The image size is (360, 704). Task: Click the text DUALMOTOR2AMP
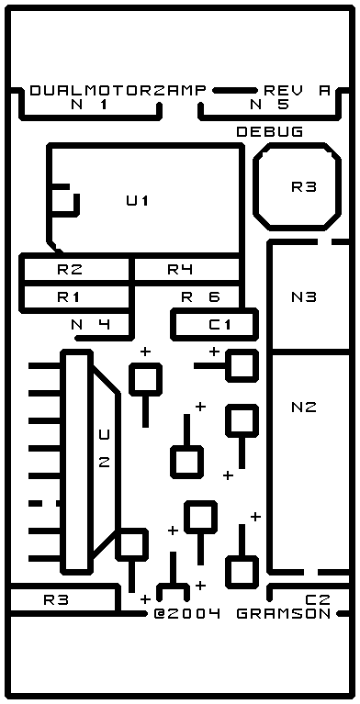118,91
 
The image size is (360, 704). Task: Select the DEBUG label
270,132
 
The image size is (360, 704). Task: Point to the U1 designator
138,201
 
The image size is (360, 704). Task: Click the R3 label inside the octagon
304,186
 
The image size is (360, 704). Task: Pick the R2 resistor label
70,270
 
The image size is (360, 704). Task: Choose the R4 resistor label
180,270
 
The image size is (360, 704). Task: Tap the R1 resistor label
69,296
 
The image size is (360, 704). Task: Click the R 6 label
201,296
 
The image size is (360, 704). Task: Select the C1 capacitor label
220,324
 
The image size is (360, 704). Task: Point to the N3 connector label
304,296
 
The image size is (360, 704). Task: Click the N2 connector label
304,408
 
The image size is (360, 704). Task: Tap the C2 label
318,600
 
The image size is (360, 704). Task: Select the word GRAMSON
284,614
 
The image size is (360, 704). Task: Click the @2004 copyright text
187,614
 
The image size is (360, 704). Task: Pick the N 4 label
91,324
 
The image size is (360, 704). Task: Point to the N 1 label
90,105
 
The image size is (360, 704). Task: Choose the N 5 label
269,105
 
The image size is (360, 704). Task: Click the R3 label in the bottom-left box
56,600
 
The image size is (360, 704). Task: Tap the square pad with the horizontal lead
242,366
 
